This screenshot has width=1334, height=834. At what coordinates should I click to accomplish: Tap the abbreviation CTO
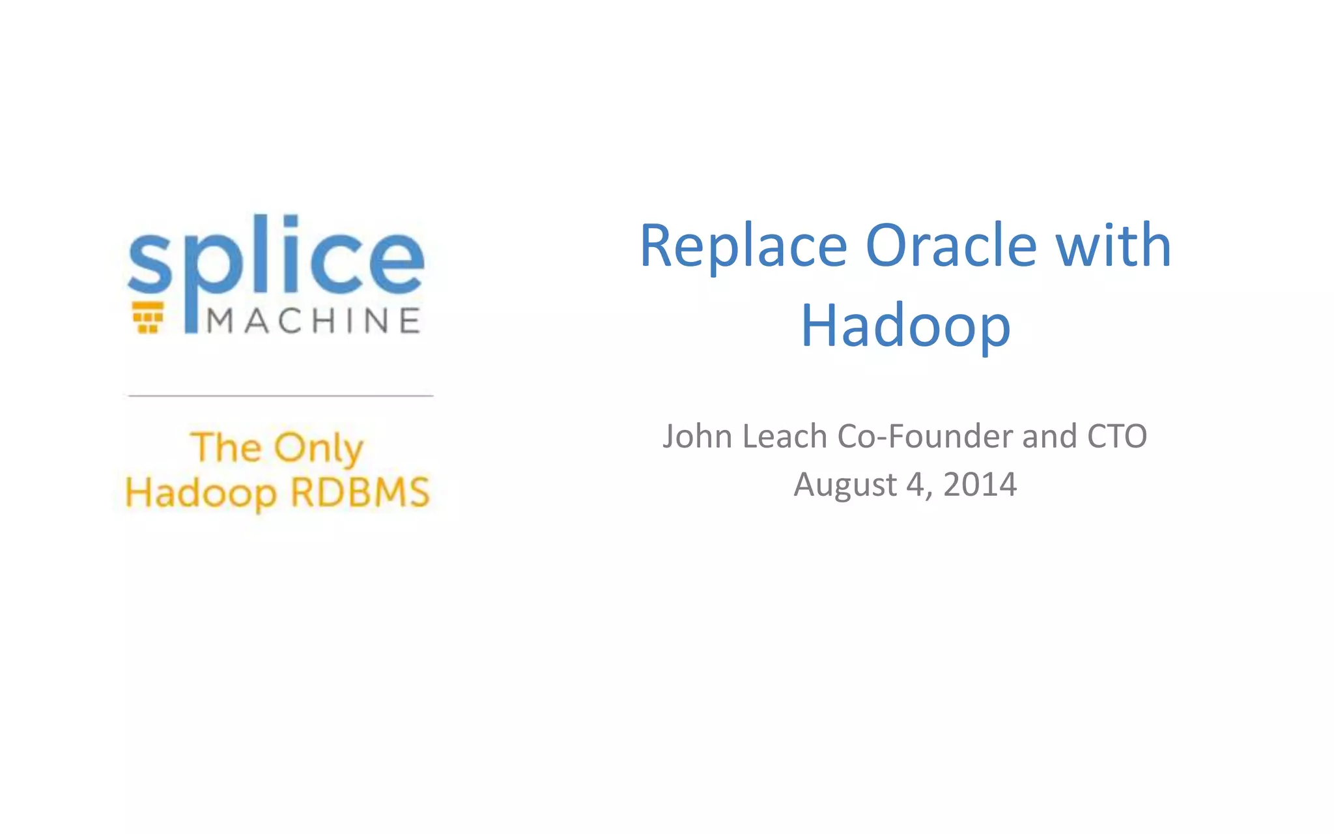pyautogui.click(x=1116, y=437)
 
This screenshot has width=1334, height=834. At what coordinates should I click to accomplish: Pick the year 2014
pyautogui.click(x=980, y=485)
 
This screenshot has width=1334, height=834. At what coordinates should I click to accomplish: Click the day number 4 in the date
pyautogui.click(x=915, y=485)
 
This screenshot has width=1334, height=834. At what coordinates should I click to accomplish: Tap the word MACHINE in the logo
pyautogui.click(x=313, y=321)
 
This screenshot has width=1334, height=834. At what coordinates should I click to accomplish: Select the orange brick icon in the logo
pyautogui.click(x=148, y=317)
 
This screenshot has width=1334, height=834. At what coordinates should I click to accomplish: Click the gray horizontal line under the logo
pyautogui.click(x=281, y=395)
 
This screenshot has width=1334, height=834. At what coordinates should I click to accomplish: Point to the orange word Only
pyautogui.click(x=319, y=448)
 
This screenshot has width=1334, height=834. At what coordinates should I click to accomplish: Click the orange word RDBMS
pyautogui.click(x=360, y=493)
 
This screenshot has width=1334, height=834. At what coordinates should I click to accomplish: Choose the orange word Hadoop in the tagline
pyautogui.click(x=201, y=494)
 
